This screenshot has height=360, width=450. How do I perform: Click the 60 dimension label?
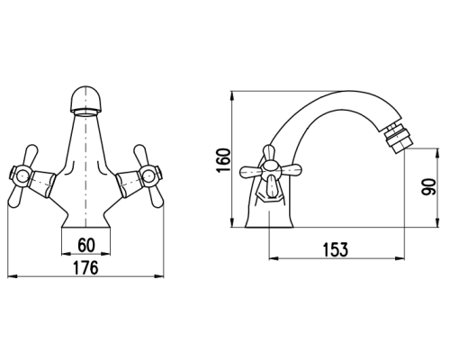86,245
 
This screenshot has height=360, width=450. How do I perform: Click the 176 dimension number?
85,267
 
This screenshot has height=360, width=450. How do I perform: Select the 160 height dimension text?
224,160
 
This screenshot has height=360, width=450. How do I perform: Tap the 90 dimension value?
428,187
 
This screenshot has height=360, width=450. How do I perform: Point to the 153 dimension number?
336,249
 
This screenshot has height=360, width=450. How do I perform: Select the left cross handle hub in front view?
22,176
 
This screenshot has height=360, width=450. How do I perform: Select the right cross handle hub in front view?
150,176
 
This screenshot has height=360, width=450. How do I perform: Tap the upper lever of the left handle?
31,156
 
